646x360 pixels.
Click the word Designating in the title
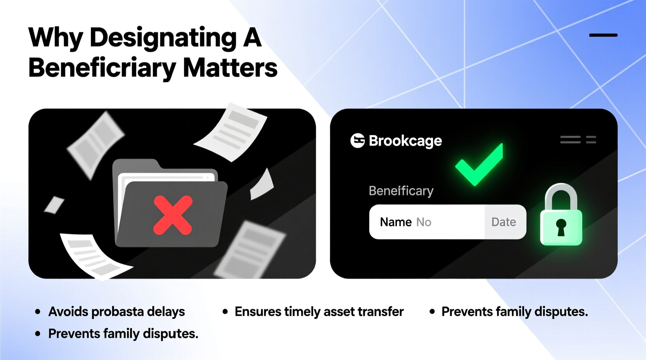pyautogui.click(x=163, y=38)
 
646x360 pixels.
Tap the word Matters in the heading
pyautogui.click(x=230, y=68)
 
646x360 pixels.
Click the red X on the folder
pyautogui.click(x=173, y=215)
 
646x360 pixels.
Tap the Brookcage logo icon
pyautogui.click(x=358, y=141)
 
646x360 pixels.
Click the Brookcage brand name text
pyautogui.click(x=405, y=141)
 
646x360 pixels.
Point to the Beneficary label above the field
pyautogui.click(x=401, y=191)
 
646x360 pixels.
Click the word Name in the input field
pyautogui.click(x=396, y=222)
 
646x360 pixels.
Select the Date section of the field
pyautogui.click(x=504, y=222)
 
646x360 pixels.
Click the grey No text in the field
pyautogui.click(x=424, y=222)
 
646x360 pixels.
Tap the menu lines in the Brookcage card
pyautogui.click(x=578, y=140)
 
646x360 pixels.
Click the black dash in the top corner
pyautogui.click(x=603, y=35)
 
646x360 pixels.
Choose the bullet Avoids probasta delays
pyautogui.click(x=116, y=312)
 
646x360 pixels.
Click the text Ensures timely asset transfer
pyautogui.click(x=319, y=312)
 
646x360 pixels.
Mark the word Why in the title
pyautogui.click(x=56, y=38)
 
